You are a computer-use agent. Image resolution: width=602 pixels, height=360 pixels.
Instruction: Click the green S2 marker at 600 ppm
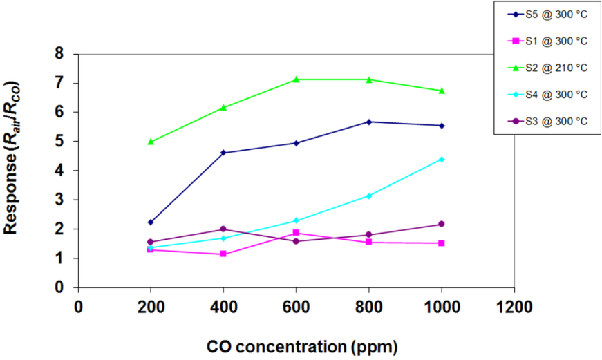tap(296, 79)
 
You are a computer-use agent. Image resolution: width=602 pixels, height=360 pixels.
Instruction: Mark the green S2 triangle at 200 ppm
tap(151, 142)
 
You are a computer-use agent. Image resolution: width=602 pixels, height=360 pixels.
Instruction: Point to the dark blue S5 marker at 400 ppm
tap(223, 153)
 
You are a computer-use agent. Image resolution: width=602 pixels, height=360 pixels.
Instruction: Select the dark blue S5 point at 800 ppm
tap(368, 122)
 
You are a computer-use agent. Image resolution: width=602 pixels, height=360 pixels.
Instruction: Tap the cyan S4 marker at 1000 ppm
tap(441, 159)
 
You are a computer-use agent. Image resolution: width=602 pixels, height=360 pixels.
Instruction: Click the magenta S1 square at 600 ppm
tap(296, 233)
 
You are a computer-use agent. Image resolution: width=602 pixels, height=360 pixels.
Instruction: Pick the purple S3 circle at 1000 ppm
tap(441, 224)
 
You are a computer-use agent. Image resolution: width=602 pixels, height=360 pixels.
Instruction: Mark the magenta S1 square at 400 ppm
tap(223, 254)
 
